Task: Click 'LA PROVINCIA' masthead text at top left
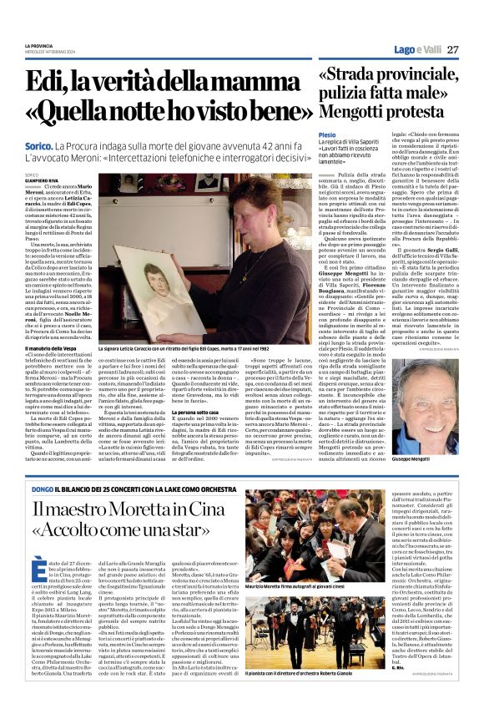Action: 40,45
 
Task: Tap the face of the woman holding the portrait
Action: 241,207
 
